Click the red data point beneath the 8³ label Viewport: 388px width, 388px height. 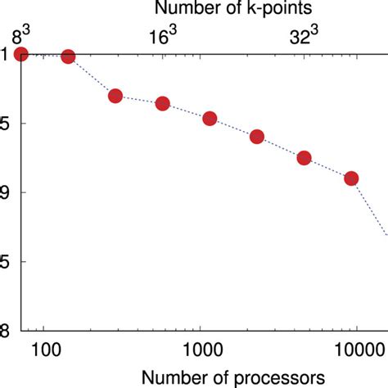(x=21, y=54)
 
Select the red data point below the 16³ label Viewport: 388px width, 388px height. (x=162, y=104)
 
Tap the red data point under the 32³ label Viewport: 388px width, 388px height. (x=304, y=158)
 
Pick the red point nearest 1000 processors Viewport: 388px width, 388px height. (x=210, y=119)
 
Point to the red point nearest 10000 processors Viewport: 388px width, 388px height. (x=351, y=178)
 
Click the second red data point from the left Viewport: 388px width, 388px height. (x=68, y=56)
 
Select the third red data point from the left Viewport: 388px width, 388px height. (x=115, y=96)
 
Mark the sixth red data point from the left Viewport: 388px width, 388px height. (x=256, y=137)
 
